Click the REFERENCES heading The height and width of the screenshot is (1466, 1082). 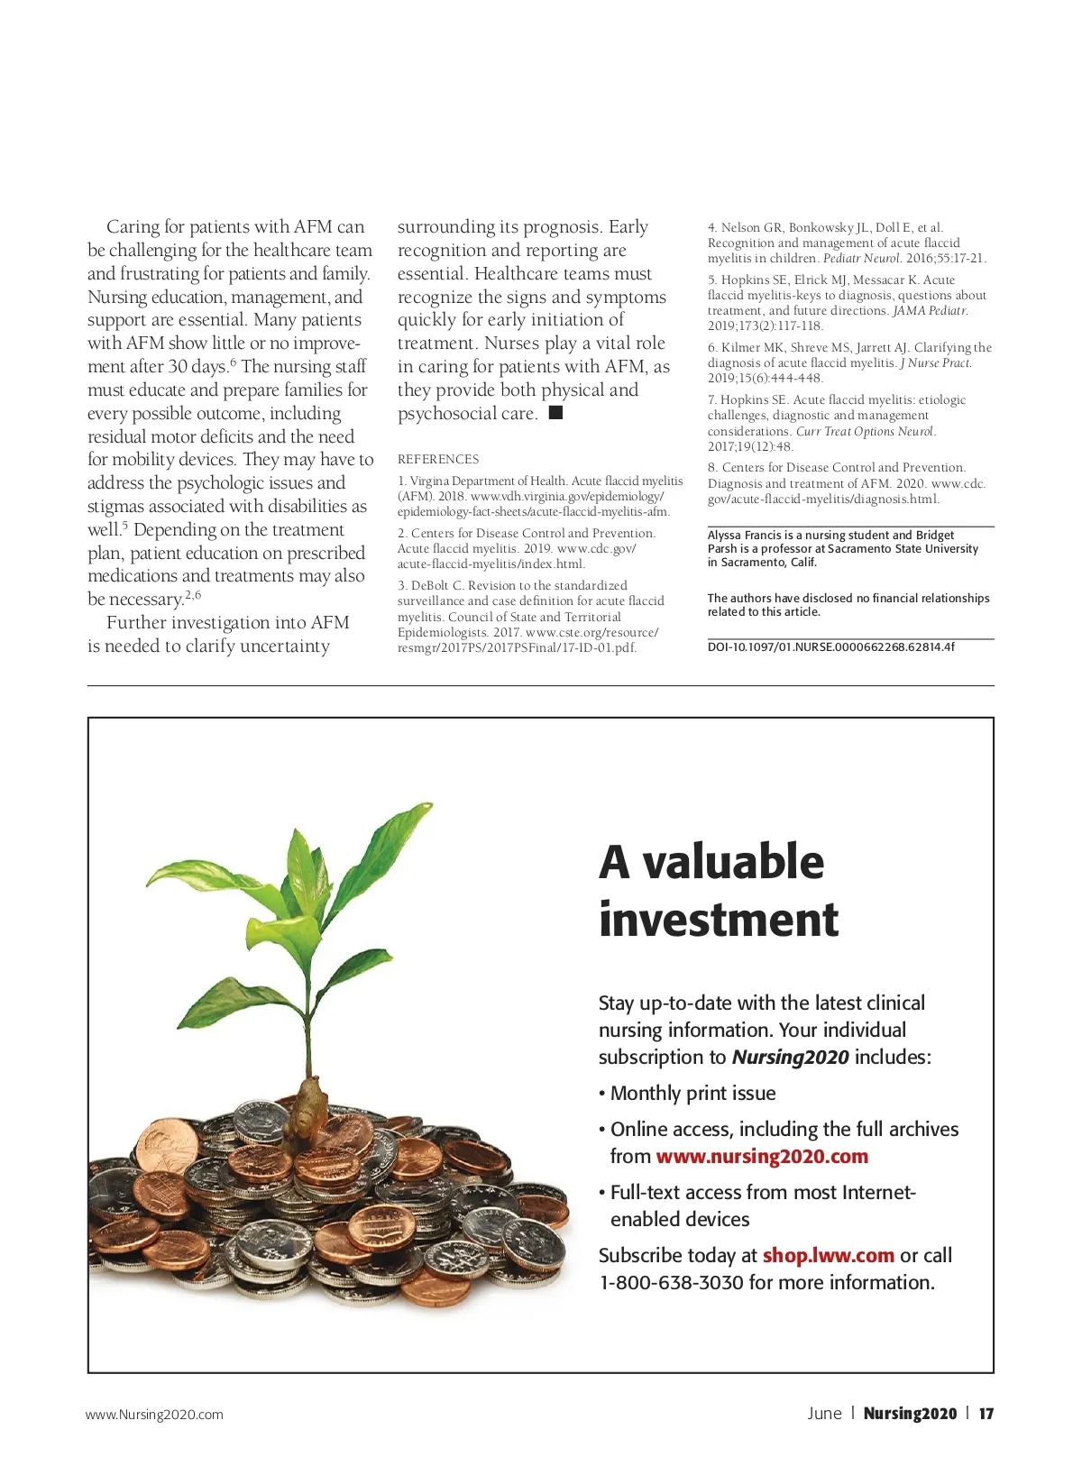(438, 459)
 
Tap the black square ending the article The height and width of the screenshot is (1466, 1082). (555, 413)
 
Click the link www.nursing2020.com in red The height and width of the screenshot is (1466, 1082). (762, 1156)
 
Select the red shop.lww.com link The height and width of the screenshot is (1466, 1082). (828, 1255)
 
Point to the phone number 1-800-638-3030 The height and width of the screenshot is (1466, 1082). (672, 1282)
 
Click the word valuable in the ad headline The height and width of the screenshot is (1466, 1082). (733, 862)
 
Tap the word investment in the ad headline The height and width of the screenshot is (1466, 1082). (719, 920)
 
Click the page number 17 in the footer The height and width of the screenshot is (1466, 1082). (986, 1414)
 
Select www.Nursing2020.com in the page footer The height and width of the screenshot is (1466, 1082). (154, 1415)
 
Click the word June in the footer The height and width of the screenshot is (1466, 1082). (824, 1414)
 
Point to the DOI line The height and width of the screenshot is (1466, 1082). (830, 646)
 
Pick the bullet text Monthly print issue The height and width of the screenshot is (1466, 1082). (692, 1093)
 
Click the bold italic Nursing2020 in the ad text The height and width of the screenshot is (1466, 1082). (790, 1057)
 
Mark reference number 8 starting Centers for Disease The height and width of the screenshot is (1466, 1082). (836, 467)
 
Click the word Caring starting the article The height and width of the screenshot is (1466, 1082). (133, 226)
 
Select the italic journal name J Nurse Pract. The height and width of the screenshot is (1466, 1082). (936, 362)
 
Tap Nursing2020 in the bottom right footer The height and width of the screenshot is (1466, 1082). (910, 1414)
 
